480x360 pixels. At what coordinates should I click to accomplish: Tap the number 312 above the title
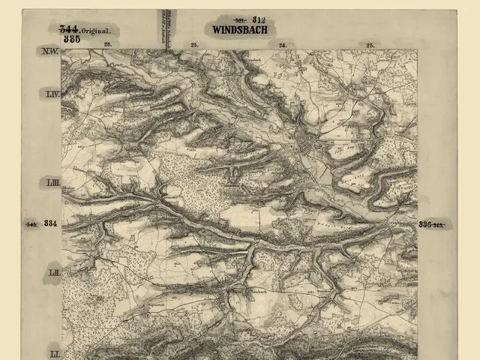pos(260,19)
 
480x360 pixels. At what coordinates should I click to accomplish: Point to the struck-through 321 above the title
pos(241,19)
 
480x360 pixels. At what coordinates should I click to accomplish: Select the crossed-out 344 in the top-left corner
pos(70,28)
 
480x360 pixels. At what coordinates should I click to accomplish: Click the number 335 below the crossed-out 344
pos(72,38)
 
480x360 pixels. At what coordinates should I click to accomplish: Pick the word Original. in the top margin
pos(97,31)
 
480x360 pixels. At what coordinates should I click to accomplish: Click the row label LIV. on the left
pos(52,94)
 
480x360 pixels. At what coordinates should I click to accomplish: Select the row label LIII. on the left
pos(52,183)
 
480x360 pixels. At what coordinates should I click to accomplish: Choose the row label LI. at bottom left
pos(53,352)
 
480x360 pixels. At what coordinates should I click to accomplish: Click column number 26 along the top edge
pos(107,46)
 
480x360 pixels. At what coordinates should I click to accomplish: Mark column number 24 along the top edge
pos(283,46)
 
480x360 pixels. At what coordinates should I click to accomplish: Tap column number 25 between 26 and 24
pos(194,46)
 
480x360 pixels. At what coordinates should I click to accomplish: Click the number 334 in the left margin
pos(50,223)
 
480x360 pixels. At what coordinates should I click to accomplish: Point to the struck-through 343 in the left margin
pos(31,224)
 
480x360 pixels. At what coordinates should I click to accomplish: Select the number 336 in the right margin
pos(425,224)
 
